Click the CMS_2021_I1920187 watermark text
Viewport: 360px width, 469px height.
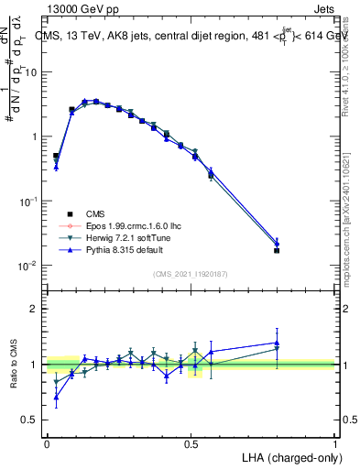tap(191, 274)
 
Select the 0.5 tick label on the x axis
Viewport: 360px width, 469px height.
tap(191, 442)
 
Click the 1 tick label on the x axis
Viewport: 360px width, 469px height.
tap(335, 442)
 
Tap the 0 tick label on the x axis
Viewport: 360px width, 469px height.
tap(47, 442)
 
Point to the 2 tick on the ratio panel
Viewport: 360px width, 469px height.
tap(34, 309)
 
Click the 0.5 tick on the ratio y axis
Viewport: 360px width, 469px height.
tap(31, 420)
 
